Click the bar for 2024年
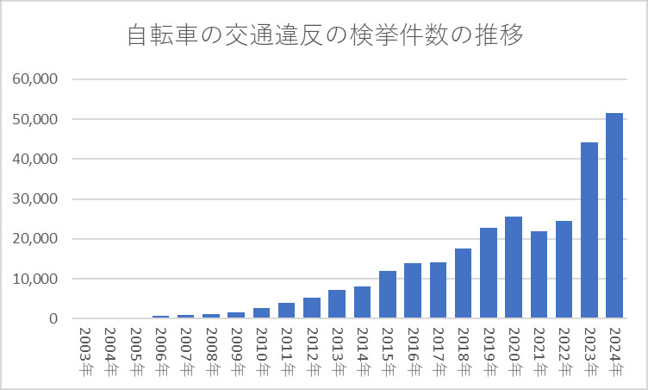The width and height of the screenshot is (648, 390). click(614, 216)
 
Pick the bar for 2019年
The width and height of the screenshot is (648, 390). click(489, 273)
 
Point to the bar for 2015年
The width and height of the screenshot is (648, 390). click(387, 294)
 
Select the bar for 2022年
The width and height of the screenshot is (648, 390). click(564, 269)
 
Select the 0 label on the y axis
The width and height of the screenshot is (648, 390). click(53, 319)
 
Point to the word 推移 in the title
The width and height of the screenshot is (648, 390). click(501, 37)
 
